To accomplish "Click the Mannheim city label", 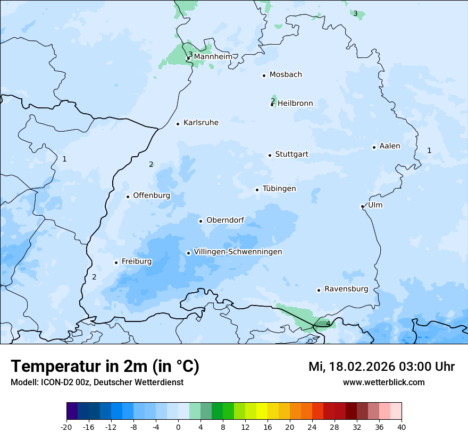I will (213, 56).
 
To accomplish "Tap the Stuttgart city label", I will (291, 155).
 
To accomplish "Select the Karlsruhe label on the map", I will (200, 123).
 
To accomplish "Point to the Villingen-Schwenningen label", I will (238, 252).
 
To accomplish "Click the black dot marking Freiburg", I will (116, 262).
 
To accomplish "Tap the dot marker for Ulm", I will (362, 206).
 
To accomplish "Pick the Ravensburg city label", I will (346, 289).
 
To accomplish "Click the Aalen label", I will (389, 146).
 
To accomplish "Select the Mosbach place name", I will (285, 75).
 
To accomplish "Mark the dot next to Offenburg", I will (128, 197).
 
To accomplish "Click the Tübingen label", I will (279, 189).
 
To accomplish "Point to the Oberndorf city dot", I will (200, 221).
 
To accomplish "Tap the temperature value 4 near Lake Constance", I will (328, 323).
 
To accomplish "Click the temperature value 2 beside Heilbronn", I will (273, 100).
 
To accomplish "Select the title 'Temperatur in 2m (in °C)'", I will (105, 367).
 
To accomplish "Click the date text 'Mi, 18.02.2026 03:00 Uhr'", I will (381, 367).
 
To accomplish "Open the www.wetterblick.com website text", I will (383, 382).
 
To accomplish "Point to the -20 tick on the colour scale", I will (66, 427).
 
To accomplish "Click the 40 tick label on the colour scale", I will (402, 427).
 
